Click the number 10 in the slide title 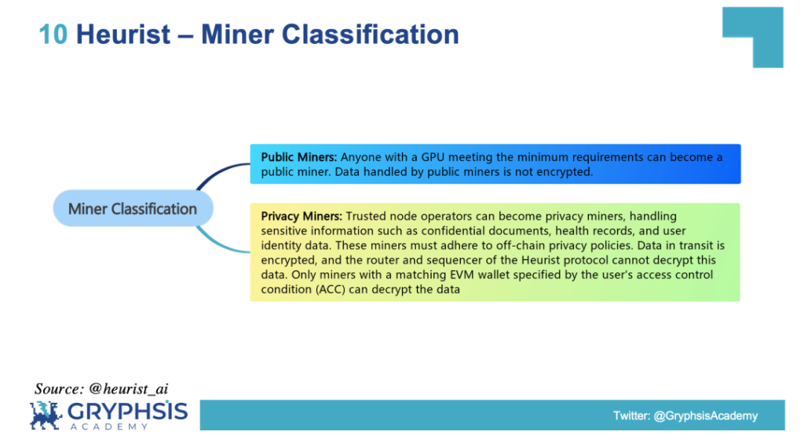pos(53,35)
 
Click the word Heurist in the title pos(123,35)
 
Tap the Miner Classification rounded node pos(133,208)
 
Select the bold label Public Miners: pos(299,157)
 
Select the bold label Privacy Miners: pos(301,216)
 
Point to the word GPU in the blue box pos(433,157)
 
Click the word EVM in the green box pos(460,274)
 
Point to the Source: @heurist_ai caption pos(101,389)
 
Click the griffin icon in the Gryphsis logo pos(46,415)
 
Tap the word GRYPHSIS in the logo pos(128,411)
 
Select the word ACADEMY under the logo pos(109,426)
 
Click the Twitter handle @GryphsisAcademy pos(706,415)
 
